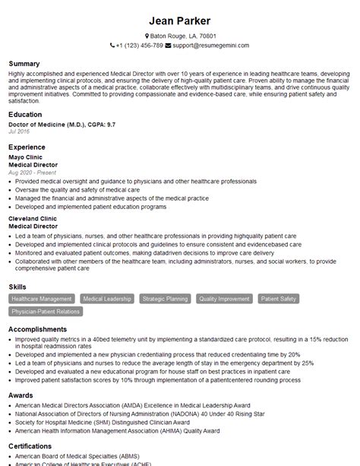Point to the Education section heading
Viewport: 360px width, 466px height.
26,114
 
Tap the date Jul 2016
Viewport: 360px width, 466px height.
19,132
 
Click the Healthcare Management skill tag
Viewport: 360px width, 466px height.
42,300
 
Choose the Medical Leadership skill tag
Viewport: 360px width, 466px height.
107,300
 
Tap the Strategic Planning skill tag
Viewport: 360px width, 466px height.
165,300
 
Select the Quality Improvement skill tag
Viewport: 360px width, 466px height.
224,300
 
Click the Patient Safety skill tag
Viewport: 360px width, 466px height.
279,300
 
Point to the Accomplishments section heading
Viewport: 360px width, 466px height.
37,329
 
